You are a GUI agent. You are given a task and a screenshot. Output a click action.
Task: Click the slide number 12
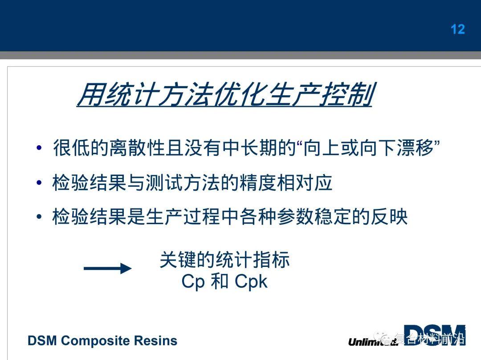tap(458, 29)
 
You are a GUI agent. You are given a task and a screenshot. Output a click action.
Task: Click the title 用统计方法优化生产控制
tap(225, 94)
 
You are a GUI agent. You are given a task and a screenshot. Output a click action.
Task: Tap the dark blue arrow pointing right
tap(107, 268)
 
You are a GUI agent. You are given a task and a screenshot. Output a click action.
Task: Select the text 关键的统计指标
tap(224, 260)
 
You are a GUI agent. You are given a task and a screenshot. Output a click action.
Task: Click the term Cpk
tap(251, 282)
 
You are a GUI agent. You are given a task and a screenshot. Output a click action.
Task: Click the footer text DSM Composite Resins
tap(102, 341)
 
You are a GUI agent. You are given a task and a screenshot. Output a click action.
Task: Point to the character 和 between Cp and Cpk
tap(219, 282)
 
